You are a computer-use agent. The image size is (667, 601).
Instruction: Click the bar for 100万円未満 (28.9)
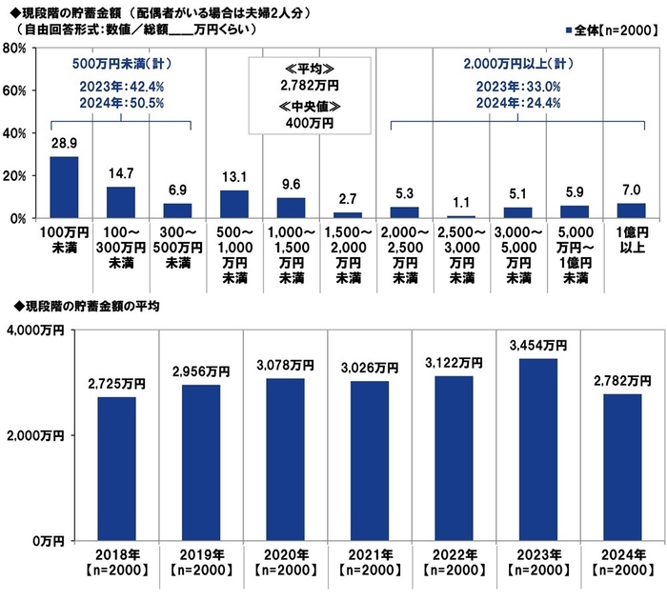[x=64, y=188]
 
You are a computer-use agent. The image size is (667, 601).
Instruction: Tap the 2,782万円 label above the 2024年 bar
[x=621, y=380]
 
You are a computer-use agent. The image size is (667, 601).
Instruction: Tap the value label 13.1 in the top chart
[x=233, y=177]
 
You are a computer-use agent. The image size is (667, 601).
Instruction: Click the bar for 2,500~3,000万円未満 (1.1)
[x=461, y=216]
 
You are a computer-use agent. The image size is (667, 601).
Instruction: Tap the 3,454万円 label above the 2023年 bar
[x=537, y=345]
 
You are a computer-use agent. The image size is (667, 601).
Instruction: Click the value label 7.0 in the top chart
[x=632, y=190]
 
